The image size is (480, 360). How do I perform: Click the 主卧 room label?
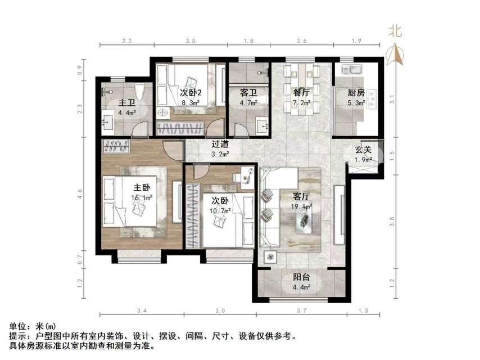pyautogui.click(x=141, y=187)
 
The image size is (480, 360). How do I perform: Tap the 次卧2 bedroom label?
pyautogui.click(x=191, y=93)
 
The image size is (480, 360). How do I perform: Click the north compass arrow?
pyautogui.click(x=396, y=55)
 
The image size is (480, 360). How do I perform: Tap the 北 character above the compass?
pyautogui.click(x=396, y=32)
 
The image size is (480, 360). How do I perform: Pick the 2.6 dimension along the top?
pyautogui.click(x=301, y=41)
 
